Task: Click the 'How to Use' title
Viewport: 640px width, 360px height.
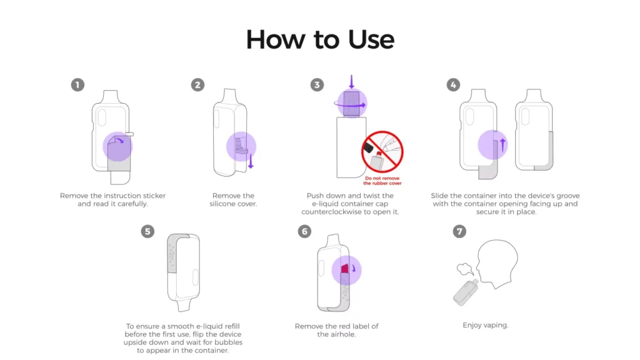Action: pyautogui.click(x=320, y=39)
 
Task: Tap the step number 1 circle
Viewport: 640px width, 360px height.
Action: pyautogui.click(x=77, y=85)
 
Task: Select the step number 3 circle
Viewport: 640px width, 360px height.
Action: pyautogui.click(x=317, y=85)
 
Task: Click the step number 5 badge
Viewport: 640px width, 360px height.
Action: pyautogui.click(x=147, y=231)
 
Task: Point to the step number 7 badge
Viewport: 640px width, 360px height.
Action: pyautogui.click(x=459, y=231)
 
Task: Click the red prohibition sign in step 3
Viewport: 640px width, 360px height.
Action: pyautogui.click(x=382, y=152)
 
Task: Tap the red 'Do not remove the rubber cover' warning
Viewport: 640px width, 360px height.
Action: pyautogui.click(x=382, y=181)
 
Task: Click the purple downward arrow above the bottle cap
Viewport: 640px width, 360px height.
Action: pyautogui.click(x=351, y=82)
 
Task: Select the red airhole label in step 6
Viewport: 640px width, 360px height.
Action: pyautogui.click(x=344, y=269)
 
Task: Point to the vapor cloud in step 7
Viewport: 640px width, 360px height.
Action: pyautogui.click(x=464, y=269)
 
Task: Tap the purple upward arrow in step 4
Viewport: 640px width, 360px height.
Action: pyautogui.click(x=504, y=145)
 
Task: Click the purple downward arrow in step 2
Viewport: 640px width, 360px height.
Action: pyautogui.click(x=251, y=162)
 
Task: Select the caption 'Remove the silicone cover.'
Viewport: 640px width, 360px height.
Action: pyautogui.click(x=234, y=200)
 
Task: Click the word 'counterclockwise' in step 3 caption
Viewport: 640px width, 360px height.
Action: pyautogui.click(x=337, y=212)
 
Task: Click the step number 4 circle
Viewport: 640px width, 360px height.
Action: pyautogui.click(x=453, y=85)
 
